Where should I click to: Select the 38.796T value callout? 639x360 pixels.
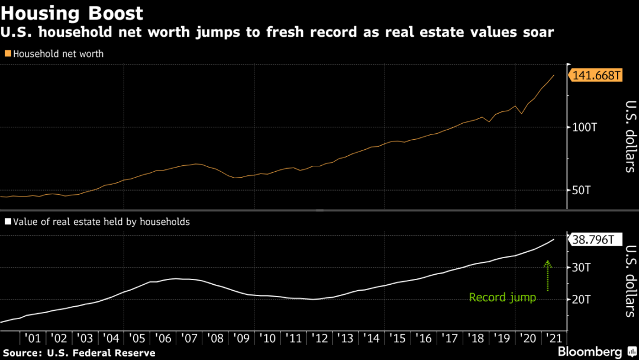click(x=595, y=240)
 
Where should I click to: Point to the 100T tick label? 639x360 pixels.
click(x=586, y=127)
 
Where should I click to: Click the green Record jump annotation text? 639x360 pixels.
click(x=502, y=297)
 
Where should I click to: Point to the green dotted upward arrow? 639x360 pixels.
click(x=547, y=275)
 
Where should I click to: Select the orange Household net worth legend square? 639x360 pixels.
click(x=8, y=54)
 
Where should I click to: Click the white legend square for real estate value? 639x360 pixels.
click(x=8, y=222)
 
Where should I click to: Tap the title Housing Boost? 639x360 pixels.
click(x=72, y=13)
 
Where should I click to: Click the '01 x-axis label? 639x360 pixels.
click(x=32, y=339)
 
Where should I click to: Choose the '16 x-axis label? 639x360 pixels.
click(x=424, y=339)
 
